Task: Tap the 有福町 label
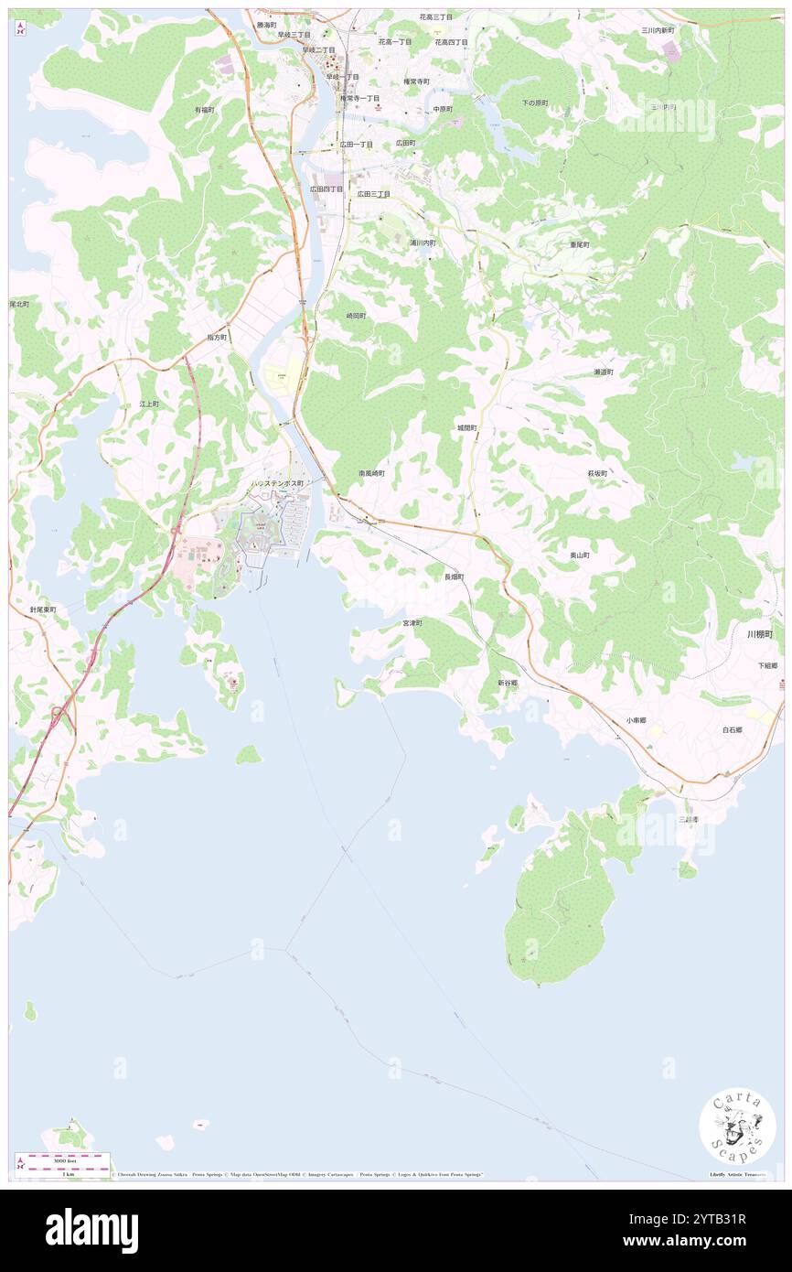(x=204, y=110)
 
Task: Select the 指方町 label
(x=217, y=338)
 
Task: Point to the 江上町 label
(x=149, y=404)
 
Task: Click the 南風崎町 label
(x=371, y=473)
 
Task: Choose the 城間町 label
(x=467, y=427)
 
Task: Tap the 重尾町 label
(x=580, y=244)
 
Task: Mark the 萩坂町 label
(x=597, y=473)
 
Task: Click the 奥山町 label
(x=580, y=555)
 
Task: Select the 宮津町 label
(x=412, y=622)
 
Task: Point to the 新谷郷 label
(x=508, y=683)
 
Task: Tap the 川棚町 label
(x=759, y=633)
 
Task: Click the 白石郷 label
(x=732, y=730)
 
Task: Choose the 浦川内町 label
(x=423, y=243)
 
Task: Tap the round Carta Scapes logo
(x=737, y=1125)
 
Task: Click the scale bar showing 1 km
(x=63, y=1168)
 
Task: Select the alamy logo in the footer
(x=91, y=1230)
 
